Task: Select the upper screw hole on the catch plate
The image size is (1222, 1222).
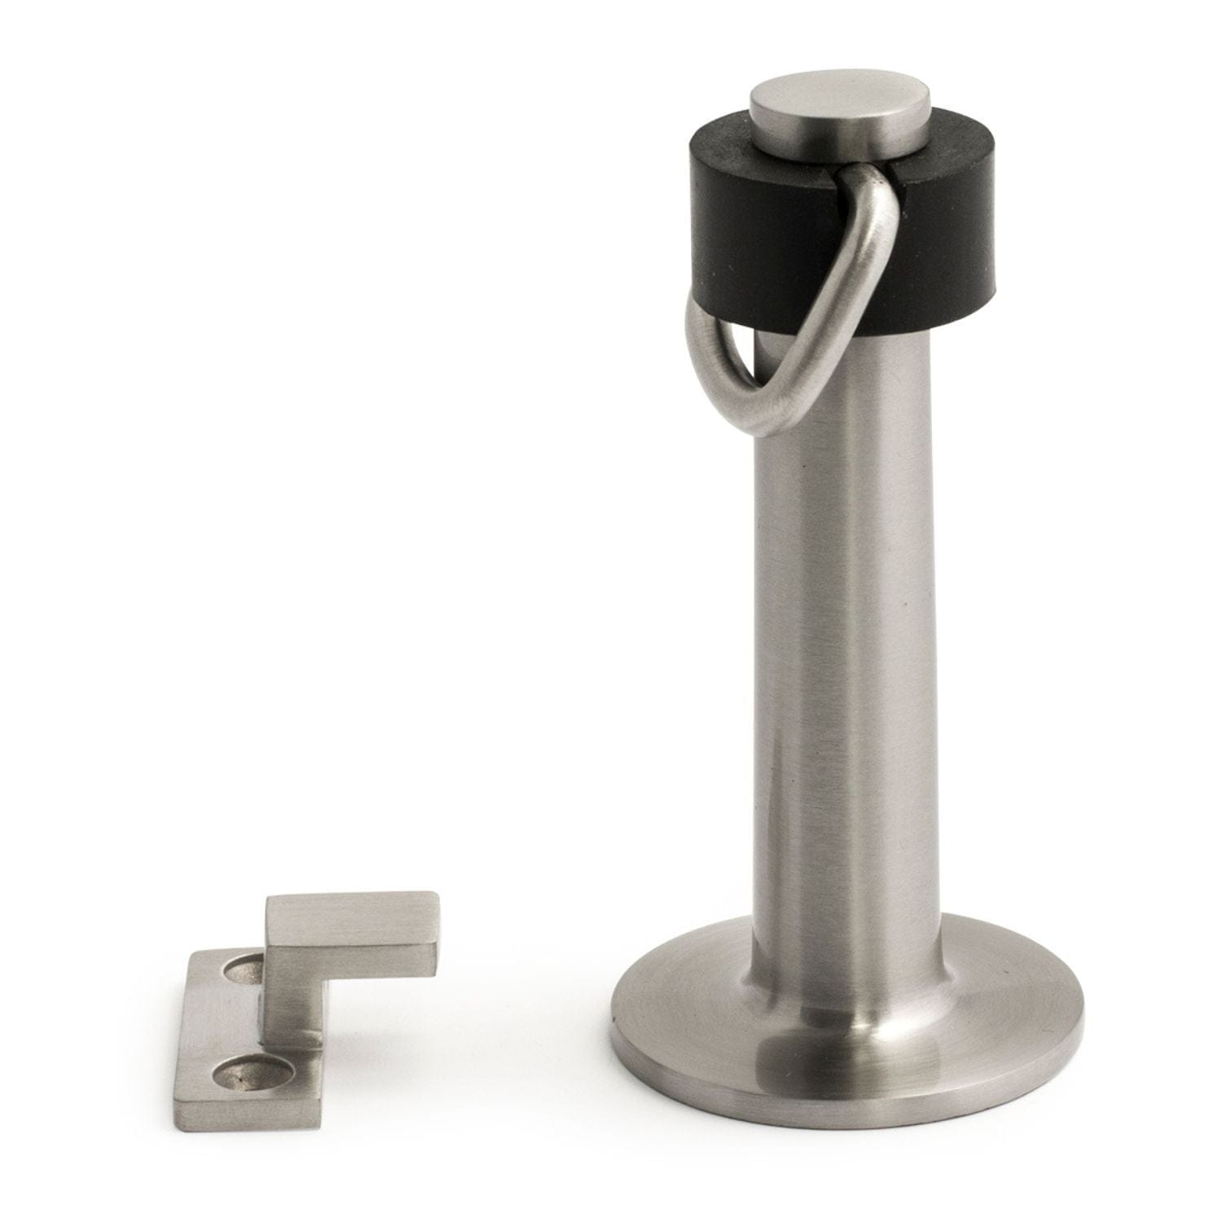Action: coord(241,969)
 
